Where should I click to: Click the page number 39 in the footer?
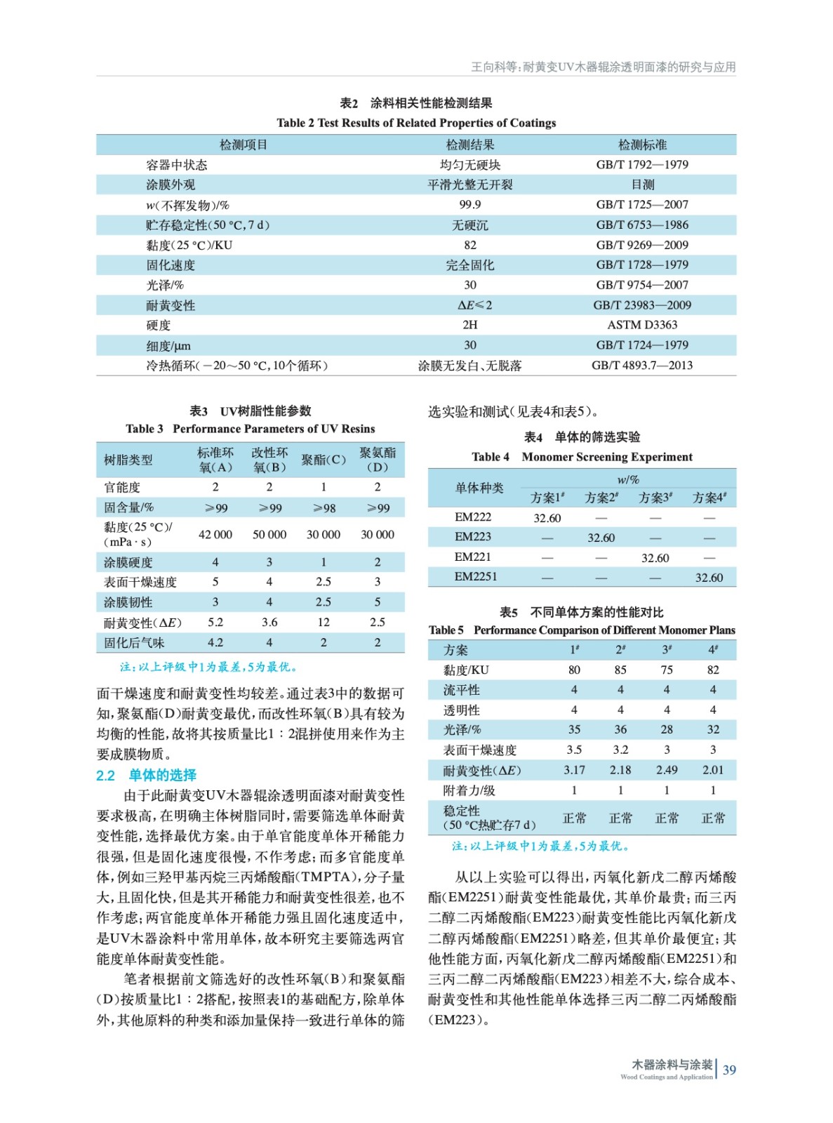click(x=729, y=1070)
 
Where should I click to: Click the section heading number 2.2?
click(x=105, y=776)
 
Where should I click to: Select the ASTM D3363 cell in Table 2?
click(x=641, y=325)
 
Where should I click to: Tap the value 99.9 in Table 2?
click(x=469, y=205)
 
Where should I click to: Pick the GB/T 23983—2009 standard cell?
click(x=641, y=305)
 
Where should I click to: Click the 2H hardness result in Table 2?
click(x=469, y=325)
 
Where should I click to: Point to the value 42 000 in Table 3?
click(x=215, y=535)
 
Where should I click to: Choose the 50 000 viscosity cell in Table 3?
click(x=269, y=535)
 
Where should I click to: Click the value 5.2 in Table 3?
click(x=215, y=623)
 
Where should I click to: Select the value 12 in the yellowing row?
click(x=324, y=623)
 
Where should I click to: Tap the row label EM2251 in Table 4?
click(x=475, y=577)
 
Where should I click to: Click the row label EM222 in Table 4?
click(x=472, y=517)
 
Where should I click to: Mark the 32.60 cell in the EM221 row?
click(x=655, y=558)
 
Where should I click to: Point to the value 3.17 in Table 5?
click(x=574, y=770)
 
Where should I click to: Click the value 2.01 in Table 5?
click(x=712, y=770)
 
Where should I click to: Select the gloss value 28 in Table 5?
click(x=667, y=730)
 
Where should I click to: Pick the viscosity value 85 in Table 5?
click(x=620, y=670)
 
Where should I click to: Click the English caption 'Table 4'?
click(x=491, y=457)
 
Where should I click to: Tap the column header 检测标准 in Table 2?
click(x=641, y=145)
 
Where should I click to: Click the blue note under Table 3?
click(x=209, y=667)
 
